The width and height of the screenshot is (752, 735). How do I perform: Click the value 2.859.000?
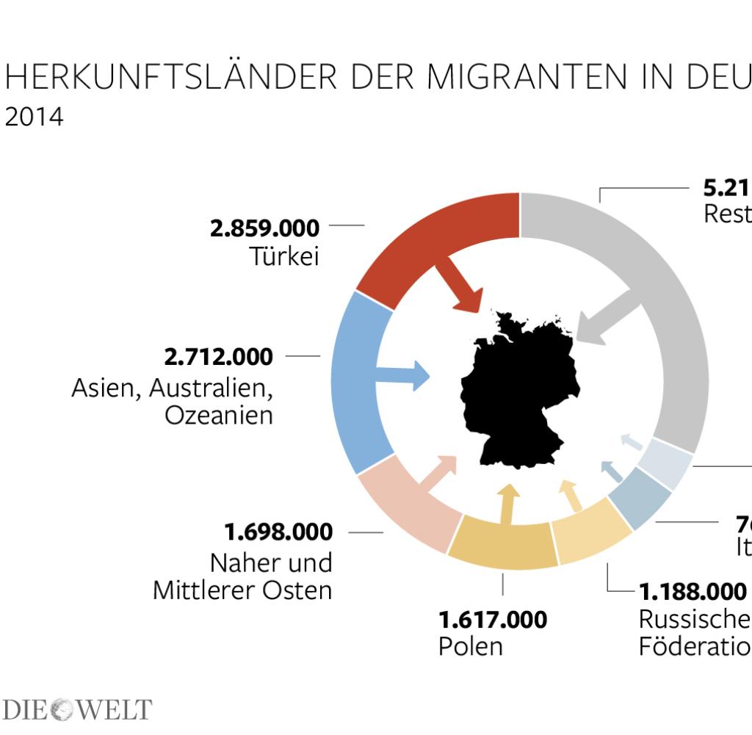(264, 228)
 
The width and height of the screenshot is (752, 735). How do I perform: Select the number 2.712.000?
(218, 357)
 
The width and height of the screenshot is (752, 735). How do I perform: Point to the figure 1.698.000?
(278, 531)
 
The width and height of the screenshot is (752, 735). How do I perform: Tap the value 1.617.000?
(492, 620)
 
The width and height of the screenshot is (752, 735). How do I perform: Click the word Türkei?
(284, 257)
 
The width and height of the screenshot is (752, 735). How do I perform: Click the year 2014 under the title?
(34, 117)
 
